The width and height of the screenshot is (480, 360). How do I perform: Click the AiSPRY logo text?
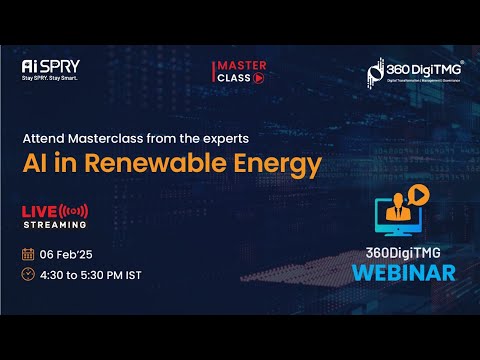click(50, 66)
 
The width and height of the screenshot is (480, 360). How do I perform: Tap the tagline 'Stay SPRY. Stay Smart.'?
click(50, 78)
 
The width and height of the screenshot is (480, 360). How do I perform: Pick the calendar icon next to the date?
click(28, 252)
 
